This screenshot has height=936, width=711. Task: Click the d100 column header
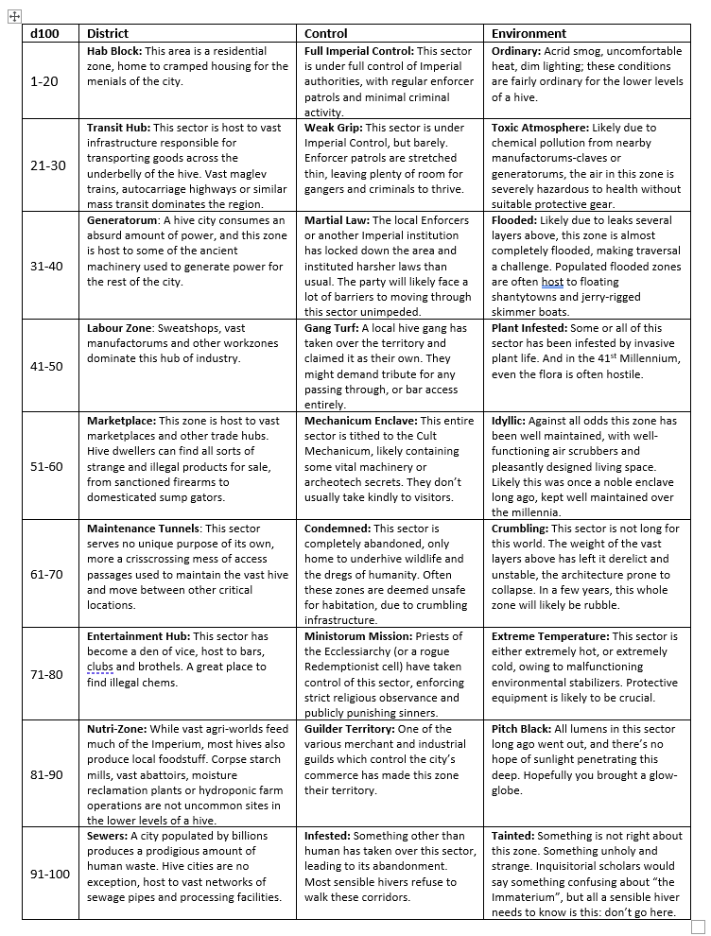43,33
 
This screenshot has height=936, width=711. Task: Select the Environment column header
529,33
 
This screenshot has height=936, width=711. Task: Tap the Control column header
326,33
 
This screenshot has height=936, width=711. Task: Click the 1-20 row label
43,81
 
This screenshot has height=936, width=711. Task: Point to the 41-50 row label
46,366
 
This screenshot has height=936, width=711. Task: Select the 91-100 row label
50,874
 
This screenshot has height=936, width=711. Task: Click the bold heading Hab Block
114,51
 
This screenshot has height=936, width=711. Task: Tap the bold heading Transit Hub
118,128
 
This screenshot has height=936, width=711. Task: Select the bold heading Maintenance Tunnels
143,529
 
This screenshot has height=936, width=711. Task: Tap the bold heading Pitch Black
524,729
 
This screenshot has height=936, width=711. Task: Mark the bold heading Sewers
106,836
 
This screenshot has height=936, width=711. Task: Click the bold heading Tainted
516,836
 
